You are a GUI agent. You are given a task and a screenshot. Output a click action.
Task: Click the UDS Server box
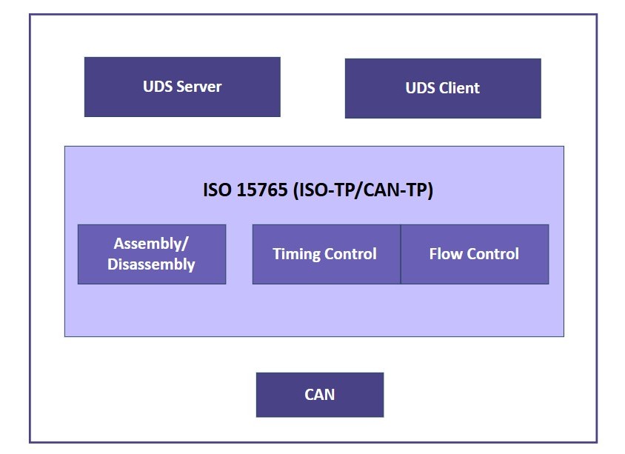click(x=182, y=87)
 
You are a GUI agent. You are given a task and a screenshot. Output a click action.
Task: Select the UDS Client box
click(x=443, y=88)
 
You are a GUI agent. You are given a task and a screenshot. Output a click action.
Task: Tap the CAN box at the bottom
click(x=320, y=395)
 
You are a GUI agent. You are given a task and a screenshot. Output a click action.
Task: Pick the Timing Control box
click(x=326, y=254)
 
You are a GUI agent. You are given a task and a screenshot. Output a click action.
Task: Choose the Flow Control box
click(x=475, y=254)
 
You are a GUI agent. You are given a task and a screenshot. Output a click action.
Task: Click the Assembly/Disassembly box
click(x=152, y=254)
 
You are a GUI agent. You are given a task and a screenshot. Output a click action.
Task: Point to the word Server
click(x=199, y=87)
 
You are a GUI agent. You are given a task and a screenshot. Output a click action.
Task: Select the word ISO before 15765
click(x=218, y=190)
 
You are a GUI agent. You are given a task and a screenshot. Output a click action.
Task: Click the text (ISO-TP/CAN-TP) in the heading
click(x=364, y=190)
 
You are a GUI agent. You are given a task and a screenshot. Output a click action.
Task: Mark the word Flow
click(x=445, y=254)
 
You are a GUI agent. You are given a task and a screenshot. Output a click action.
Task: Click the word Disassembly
click(x=151, y=264)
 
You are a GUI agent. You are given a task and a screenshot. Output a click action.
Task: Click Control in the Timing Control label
click(x=351, y=254)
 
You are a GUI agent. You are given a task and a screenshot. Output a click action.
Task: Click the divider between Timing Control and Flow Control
click(x=401, y=254)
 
